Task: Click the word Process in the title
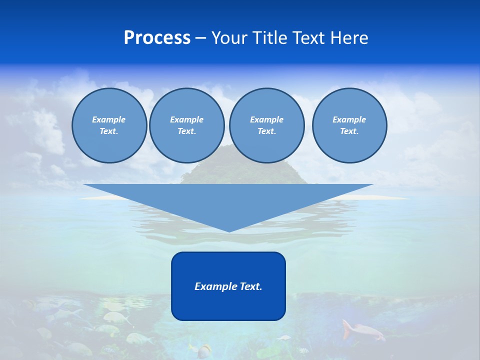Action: click(157, 38)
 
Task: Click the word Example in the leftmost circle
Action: click(109, 119)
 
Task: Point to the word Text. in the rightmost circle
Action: click(349, 131)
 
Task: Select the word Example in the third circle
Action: click(266, 119)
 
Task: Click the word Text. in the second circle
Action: click(186, 131)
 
